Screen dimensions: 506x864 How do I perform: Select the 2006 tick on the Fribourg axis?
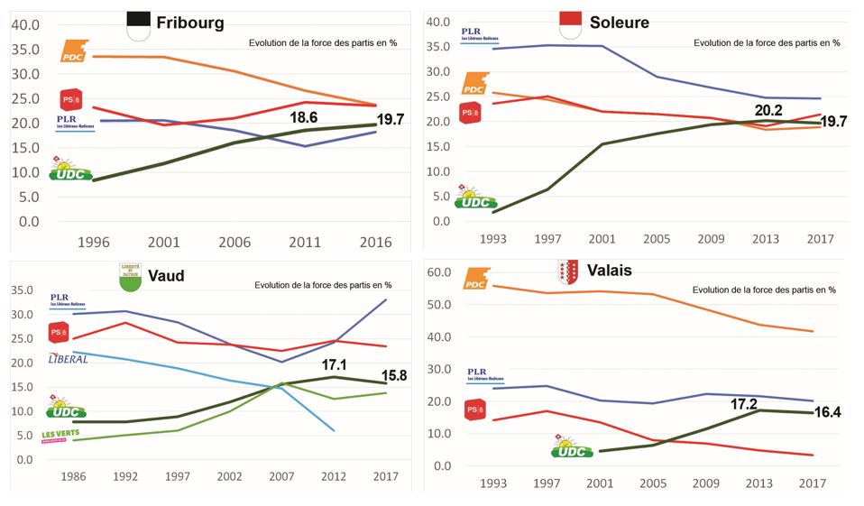(x=235, y=242)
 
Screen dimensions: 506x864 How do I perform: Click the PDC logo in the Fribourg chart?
(x=75, y=51)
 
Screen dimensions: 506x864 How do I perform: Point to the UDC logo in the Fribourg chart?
(x=71, y=169)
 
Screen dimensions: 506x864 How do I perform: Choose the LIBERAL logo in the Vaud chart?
(x=68, y=359)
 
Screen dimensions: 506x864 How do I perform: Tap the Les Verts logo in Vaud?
(x=66, y=437)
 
